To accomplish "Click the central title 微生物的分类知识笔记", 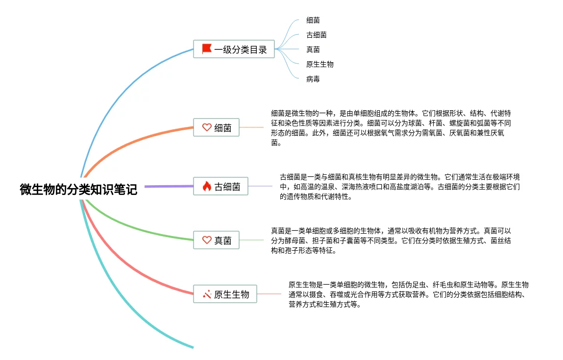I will coord(78,190).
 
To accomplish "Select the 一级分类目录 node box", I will coord(234,49).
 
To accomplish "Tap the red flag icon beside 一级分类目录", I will coord(207,49).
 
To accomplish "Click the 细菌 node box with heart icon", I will coord(216,128).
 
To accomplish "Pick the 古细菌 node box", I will coord(220,187).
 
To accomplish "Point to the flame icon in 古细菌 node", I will coord(207,186).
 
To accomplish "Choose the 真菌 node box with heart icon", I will coord(216,240).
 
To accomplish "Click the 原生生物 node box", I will coord(225,294).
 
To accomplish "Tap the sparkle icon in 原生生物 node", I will coord(207,294).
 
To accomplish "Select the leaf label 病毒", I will coord(313,79).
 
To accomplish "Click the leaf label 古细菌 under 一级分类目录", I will coord(317,35).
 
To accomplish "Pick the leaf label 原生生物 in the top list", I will coord(320,64).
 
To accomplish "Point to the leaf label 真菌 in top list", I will coord(313,49).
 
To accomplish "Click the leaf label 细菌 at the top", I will coord(313,20).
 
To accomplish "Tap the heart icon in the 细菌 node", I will coord(207,127).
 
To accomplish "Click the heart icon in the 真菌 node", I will coord(207,240).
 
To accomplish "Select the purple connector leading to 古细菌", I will coord(169,186).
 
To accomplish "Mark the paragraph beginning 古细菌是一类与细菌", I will coord(400,187).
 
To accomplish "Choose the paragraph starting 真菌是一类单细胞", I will coord(391,240).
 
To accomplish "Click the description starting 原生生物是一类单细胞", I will coord(409,294).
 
